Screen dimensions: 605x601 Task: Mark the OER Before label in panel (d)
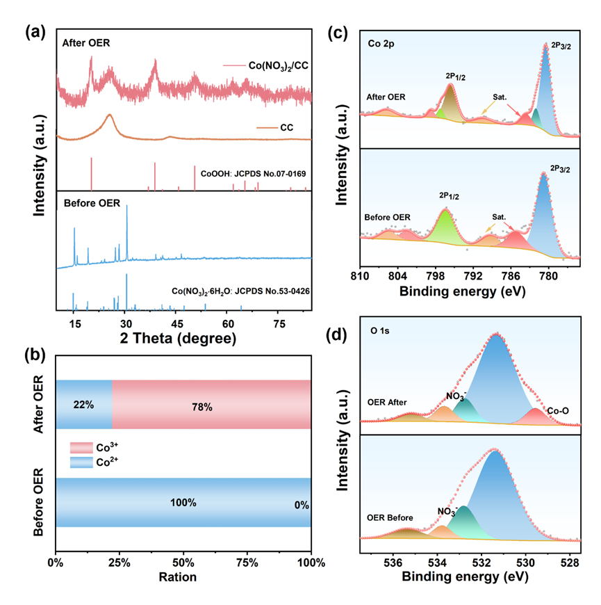pos(390,517)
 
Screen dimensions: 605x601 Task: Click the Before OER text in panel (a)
pos(92,204)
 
